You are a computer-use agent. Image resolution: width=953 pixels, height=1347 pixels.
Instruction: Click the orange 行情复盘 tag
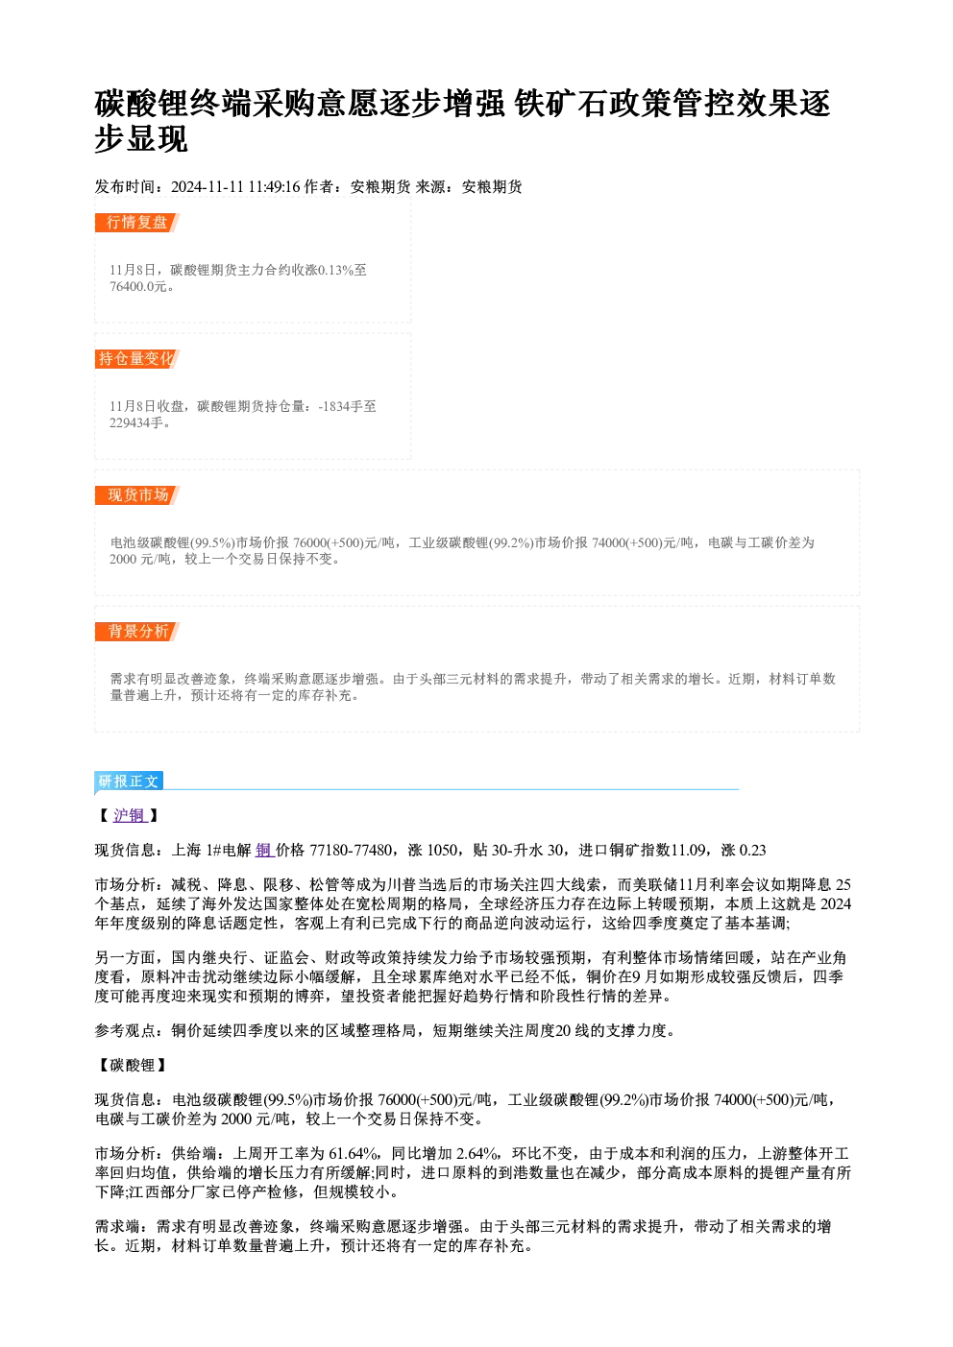tap(137, 223)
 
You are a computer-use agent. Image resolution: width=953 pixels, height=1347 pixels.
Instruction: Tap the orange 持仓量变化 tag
tap(137, 359)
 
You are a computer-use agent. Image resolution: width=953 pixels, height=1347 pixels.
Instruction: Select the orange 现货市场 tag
tap(137, 494)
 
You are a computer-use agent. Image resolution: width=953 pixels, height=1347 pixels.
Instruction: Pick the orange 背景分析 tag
tap(137, 632)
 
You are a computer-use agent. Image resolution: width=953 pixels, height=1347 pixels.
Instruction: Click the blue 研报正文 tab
tap(129, 782)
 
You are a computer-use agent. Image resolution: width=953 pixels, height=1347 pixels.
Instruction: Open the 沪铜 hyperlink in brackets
tap(130, 816)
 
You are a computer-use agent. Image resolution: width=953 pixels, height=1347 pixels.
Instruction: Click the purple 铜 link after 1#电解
tap(264, 851)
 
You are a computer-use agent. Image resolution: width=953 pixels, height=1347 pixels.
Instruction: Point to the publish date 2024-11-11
tap(208, 187)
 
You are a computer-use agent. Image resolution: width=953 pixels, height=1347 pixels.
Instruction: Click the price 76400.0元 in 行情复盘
tap(137, 287)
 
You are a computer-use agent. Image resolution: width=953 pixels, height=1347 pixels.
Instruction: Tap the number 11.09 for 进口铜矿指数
tap(688, 851)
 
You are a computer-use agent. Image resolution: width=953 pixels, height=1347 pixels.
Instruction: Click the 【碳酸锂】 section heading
tap(132, 1066)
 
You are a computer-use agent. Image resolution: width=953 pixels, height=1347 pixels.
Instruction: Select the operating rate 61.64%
tap(354, 1154)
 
